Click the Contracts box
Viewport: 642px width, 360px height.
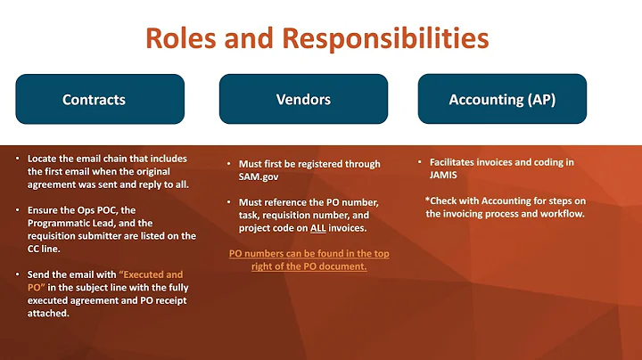(100, 99)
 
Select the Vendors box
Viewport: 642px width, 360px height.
(303, 99)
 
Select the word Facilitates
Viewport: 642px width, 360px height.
(458, 162)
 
